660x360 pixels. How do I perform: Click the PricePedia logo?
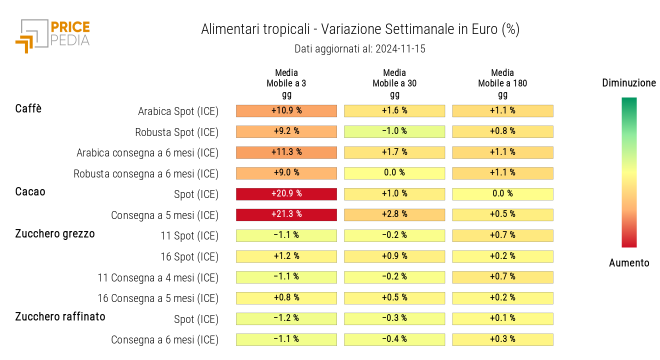point(52,35)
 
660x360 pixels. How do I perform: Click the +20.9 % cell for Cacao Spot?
point(286,194)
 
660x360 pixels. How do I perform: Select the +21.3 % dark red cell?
point(286,214)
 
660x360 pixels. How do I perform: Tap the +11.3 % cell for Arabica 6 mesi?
point(286,152)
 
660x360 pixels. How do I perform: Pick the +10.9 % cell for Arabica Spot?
point(286,110)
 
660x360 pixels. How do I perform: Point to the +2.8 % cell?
point(394,214)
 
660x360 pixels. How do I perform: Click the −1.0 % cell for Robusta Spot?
point(394,131)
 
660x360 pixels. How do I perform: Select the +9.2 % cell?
point(286,131)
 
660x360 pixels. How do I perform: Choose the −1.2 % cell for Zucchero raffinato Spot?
point(286,318)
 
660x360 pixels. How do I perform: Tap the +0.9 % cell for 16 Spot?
point(394,256)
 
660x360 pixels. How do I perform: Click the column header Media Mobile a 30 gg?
point(394,83)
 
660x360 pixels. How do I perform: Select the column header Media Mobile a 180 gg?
point(502,83)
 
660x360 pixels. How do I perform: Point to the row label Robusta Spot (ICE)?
point(176,132)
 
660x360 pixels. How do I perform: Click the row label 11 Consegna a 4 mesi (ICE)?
point(158,277)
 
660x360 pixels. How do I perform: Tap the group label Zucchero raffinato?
point(60,316)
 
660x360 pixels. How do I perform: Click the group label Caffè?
point(28,108)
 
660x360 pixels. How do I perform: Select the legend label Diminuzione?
point(629,83)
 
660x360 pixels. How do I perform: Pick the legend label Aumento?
point(629,263)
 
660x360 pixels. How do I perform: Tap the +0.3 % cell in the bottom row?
point(502,339)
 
